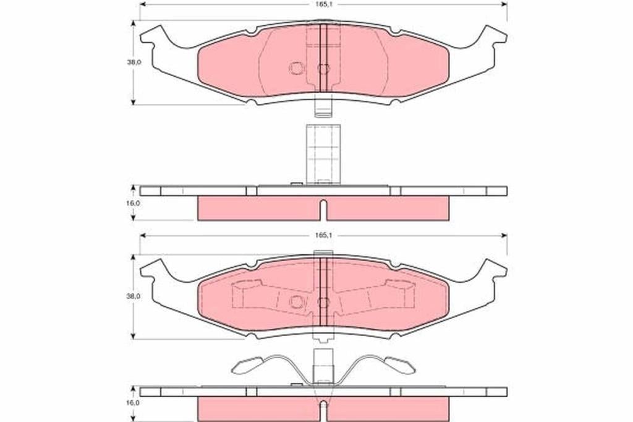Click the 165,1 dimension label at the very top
[323, 4]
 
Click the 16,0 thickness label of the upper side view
[134, 204]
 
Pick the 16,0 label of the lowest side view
[134, 403]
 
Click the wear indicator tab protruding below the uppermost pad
[323, 108]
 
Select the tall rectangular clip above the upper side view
[323, 154]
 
